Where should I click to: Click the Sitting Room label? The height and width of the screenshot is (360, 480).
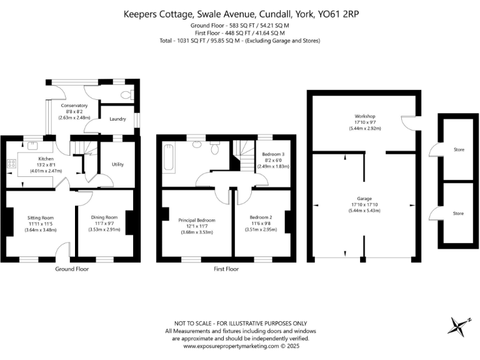42,218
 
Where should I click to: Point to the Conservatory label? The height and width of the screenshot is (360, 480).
74,106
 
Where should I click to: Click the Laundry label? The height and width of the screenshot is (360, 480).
117,119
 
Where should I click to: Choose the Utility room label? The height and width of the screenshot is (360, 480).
118,164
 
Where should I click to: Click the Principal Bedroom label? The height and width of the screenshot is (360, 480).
197,221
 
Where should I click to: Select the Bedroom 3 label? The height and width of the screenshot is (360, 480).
272,154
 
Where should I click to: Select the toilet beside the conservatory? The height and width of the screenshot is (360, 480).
127,96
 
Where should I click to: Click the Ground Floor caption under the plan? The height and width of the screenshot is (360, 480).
72,269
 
